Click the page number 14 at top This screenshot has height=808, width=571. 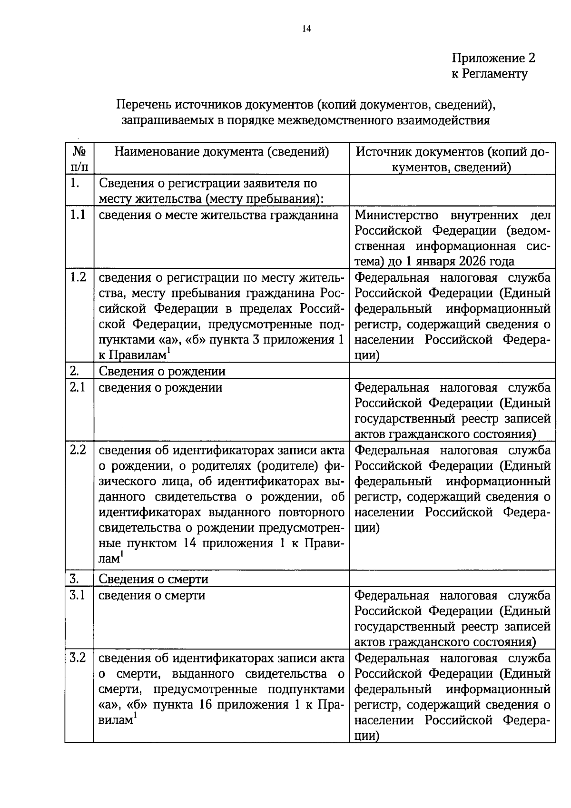click(x=306, y=29)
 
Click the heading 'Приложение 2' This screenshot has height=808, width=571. click(x=493, y=58)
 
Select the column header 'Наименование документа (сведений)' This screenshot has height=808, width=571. click(x=222, y=152)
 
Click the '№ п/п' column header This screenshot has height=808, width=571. click(x=79, y=159)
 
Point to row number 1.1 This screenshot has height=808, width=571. click(x=78, y=215)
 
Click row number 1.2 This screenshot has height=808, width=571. click(x=78, y=277)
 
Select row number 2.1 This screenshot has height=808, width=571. click(x=78, y=387)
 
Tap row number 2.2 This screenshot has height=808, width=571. click(x=78, y=450)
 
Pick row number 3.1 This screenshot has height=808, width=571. click(x=78, y=595)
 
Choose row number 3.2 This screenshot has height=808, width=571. click(x=78, y=658)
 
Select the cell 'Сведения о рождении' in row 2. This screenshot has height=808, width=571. click(x=162, y=371)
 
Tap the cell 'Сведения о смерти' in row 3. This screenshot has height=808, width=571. click(x=153, y=579)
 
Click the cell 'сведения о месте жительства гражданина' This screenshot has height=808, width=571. click(x=218, y=215)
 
